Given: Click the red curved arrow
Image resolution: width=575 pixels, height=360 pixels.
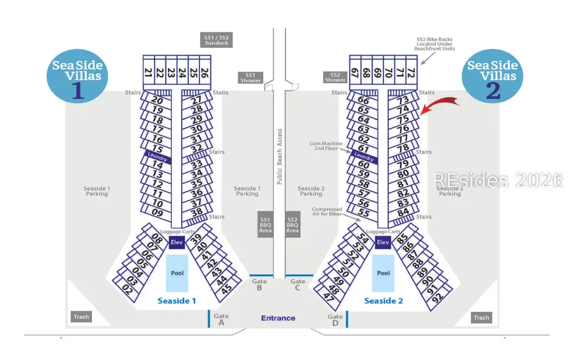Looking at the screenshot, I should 441,104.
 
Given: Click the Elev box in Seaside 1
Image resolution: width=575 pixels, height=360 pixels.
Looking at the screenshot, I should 177,242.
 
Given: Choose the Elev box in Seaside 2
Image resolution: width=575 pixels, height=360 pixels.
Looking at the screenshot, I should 383,242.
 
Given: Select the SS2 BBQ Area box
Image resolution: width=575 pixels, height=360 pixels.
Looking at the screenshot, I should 293,224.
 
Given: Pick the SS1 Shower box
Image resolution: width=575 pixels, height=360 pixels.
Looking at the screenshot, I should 250,77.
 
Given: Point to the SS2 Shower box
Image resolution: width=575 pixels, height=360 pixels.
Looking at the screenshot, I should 335,77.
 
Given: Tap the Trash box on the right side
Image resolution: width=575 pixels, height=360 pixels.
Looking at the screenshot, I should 481,318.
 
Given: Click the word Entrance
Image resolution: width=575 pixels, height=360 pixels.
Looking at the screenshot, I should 278,318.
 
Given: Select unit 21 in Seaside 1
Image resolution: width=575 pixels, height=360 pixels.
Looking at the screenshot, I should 148,72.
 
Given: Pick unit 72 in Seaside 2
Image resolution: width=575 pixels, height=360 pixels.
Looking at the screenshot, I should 411,72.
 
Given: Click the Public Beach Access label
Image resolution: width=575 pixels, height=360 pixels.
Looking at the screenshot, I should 279,157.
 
